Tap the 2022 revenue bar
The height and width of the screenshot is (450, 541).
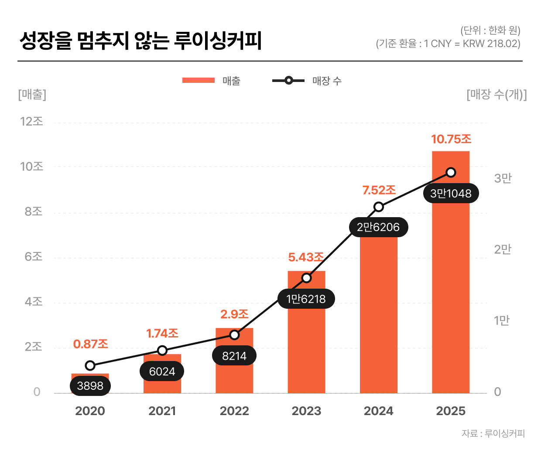234,375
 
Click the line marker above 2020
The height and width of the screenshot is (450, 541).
90,365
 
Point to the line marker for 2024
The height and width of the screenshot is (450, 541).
379,207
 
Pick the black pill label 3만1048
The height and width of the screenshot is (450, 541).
451,193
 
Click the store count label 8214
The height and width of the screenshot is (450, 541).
234,356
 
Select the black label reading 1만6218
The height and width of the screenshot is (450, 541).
306,299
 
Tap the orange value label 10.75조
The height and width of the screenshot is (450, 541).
451,139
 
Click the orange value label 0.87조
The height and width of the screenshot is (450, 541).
90,344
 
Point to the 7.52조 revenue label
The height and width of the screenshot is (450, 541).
379,190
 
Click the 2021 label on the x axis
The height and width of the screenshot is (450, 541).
162,411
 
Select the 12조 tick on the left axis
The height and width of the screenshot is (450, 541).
32,121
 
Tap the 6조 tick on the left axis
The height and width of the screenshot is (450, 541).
34,256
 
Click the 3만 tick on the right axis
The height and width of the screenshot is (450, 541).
503,178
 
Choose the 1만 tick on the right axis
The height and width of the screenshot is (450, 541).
502,320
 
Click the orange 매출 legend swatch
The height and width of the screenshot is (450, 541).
199,80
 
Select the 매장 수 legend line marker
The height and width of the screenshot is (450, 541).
288,80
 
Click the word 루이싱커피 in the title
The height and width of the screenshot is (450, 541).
218,41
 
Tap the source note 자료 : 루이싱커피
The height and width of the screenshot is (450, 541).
493,433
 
